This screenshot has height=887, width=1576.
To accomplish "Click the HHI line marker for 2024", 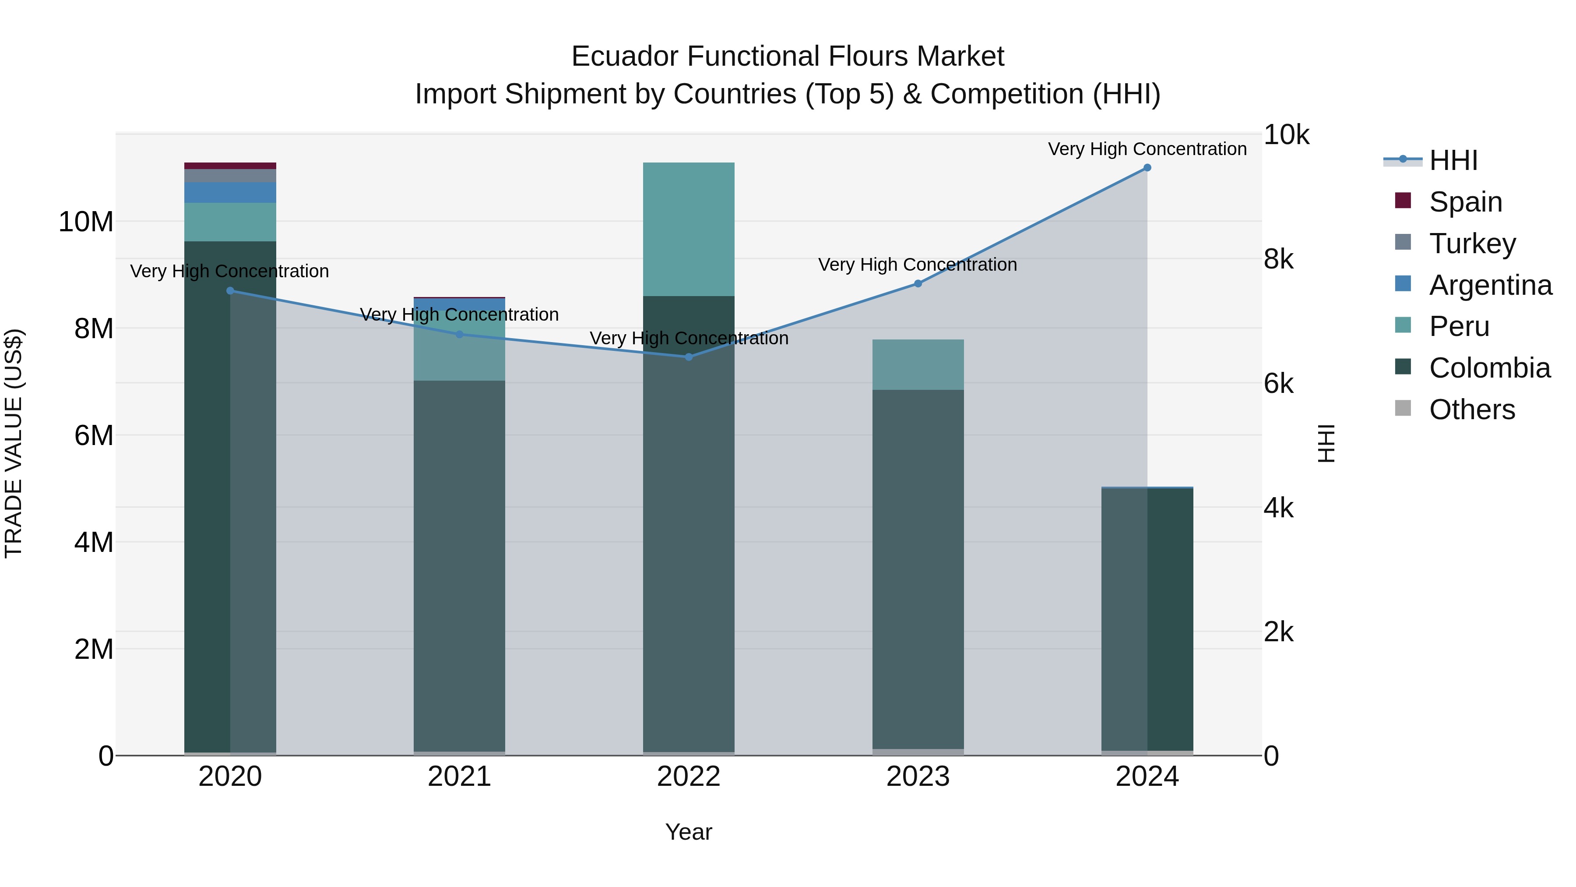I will [x=1147, y=168].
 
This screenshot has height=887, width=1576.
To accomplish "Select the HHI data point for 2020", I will [x=230, y=291].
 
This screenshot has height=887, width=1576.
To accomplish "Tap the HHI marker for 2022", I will [x=689, y=357].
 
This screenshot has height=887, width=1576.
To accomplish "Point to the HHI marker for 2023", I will [x=918, y=283].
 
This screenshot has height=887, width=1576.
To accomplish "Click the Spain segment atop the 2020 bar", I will [x=230, y=166].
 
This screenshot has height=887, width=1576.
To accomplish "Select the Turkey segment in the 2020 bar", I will [x=230, y=176].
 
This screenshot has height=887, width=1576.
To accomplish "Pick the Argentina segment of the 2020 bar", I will [x=230, y=192].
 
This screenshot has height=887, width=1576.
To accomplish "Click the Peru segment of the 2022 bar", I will [x=689, y=230].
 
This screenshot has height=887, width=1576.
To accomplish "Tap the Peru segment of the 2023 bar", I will [x=918, y=364].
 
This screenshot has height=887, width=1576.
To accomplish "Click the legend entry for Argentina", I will [x=1490, y=285].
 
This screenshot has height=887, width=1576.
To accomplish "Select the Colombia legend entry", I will [x=1489, y=368].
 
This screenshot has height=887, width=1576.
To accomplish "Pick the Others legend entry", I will [x=1471, y=410].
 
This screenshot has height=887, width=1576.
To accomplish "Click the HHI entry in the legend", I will [x=1453, y=160].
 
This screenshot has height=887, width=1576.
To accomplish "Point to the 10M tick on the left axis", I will [x=86, y=222].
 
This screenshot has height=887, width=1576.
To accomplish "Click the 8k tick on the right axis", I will [x=1279, y=260].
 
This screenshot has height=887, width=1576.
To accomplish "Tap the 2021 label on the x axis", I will [x=460, y=777].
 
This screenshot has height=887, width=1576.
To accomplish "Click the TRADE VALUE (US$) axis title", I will [x=14, y=443].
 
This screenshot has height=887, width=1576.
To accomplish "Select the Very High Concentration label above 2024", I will [x=1147, y=149].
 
